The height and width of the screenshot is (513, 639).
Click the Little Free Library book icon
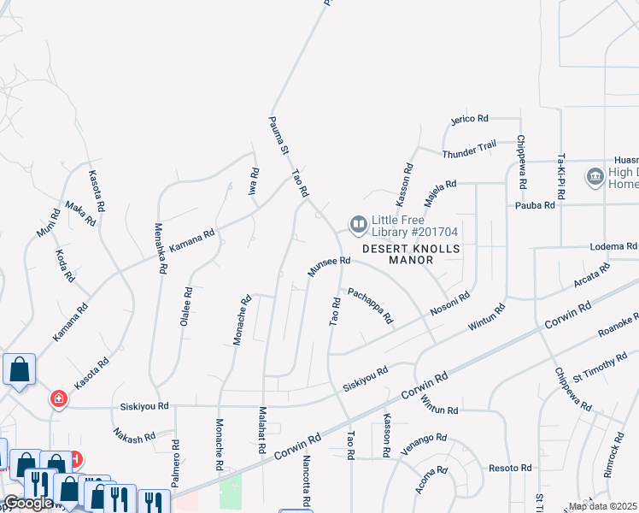click(357, 225)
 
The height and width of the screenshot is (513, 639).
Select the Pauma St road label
click(278, 135)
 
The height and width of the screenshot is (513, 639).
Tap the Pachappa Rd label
click(370, 306)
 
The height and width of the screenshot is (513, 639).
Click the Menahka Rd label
click(160, 249)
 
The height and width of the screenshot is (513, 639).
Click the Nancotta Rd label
click(305, 480)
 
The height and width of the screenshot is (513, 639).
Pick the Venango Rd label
click(427, 438)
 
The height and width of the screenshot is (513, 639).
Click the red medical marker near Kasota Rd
click(58, 399)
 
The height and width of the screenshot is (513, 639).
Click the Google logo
click(28, 503)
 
